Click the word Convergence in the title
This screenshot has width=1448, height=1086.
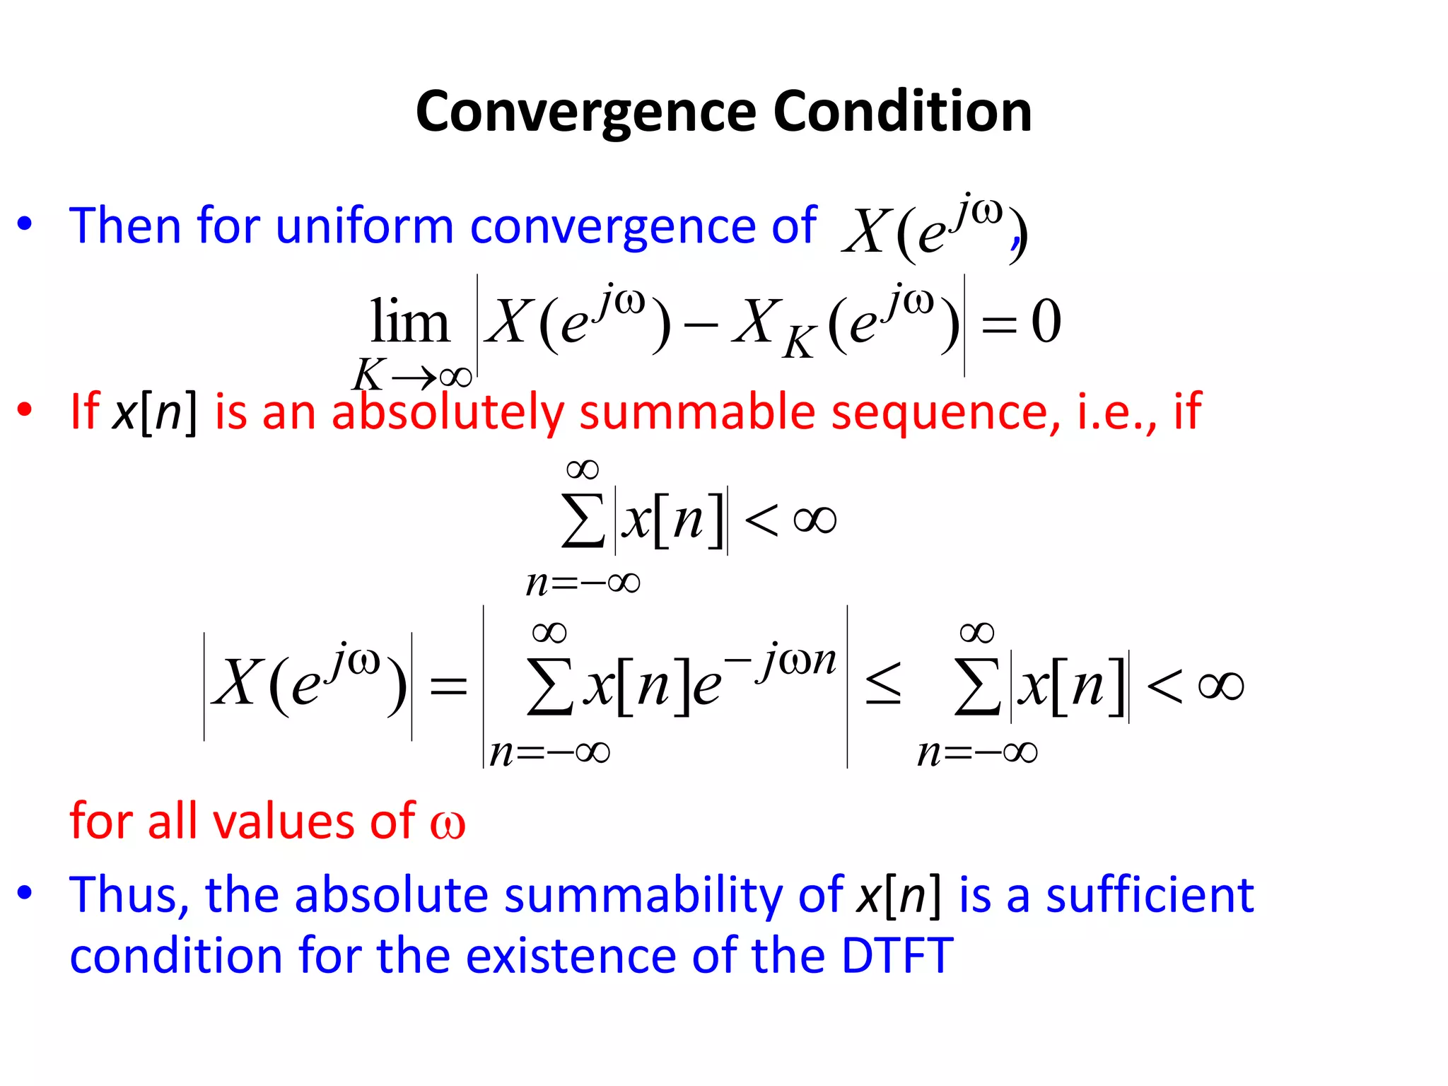[x=586, y=112]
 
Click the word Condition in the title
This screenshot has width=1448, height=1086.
[x=903, y=112]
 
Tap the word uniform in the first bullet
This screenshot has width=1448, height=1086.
[x=364, y=226]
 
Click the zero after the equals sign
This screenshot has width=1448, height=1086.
[x=1046, y=322]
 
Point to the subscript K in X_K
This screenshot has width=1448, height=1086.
[x=800, y=344]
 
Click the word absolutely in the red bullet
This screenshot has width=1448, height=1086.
[x=448, y=411]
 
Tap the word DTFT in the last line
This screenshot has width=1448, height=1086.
[x=897, y=956]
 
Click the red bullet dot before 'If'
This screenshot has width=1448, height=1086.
[x=25, y=410]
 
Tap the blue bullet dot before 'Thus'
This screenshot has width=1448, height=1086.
[x=25, y=893]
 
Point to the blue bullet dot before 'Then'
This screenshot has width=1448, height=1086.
[x=25, y=224]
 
